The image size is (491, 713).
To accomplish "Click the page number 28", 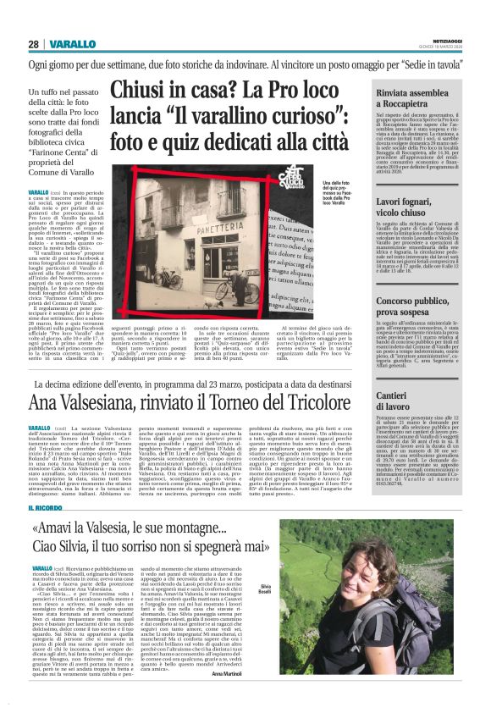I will (34, 44).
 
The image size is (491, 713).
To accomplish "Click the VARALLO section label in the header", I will (69, 44).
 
